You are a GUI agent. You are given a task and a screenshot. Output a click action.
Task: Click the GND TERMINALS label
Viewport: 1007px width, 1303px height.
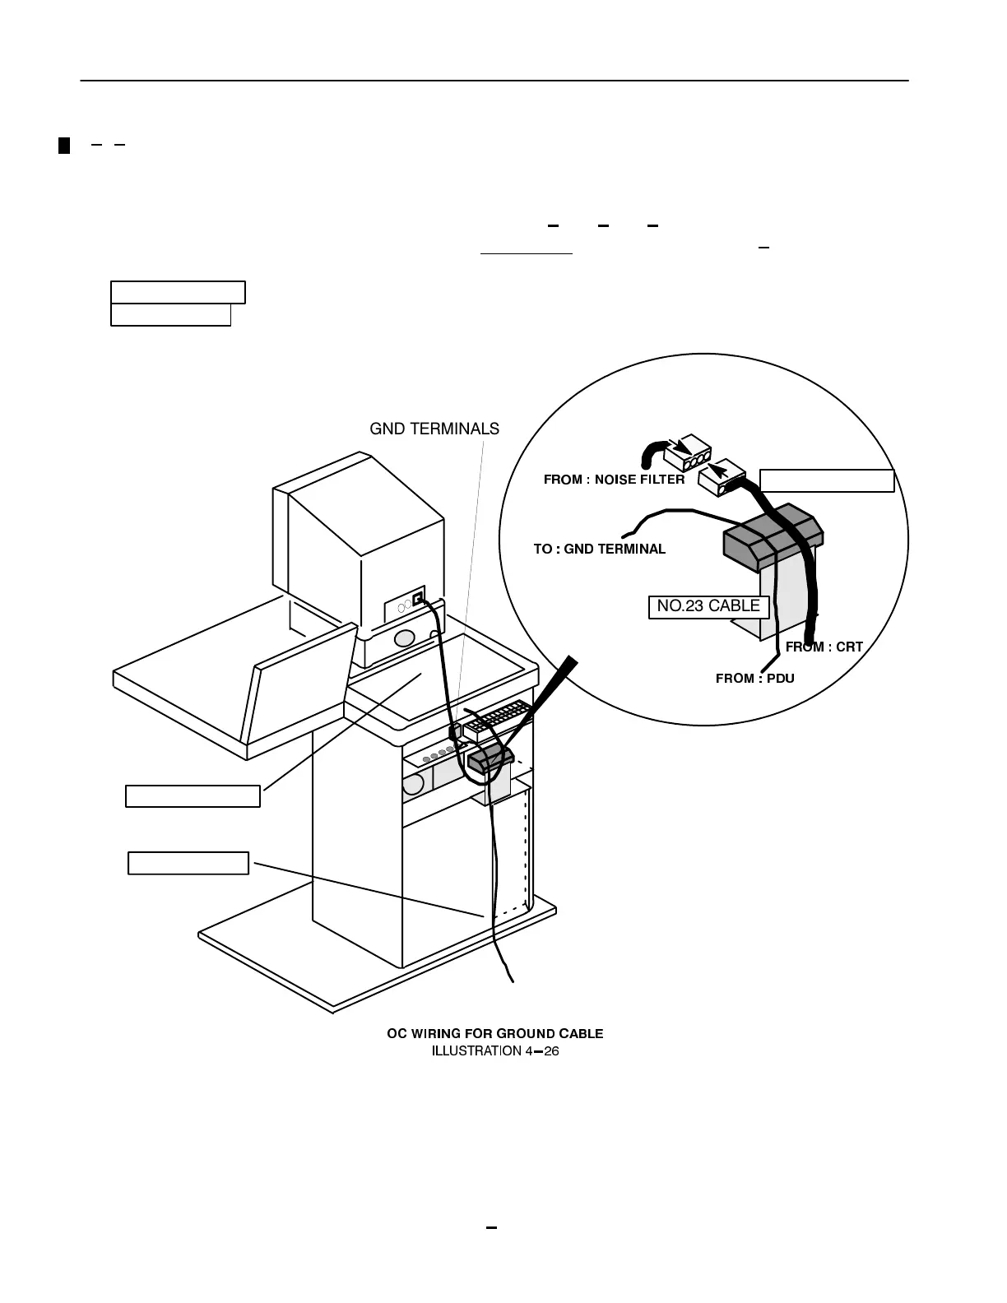point(434,429)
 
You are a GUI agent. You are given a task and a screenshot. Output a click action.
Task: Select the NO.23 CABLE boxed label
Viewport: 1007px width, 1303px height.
point(708,606)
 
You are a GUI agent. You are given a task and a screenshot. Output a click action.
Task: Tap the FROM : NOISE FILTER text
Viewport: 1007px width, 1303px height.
point(614,480)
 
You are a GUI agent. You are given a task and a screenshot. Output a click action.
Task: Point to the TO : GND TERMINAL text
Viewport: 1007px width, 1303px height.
point(599,549)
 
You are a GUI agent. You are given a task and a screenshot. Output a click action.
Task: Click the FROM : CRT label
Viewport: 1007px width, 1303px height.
point(824,647)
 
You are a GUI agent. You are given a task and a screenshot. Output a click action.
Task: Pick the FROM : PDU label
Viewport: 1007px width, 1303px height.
point(754,678)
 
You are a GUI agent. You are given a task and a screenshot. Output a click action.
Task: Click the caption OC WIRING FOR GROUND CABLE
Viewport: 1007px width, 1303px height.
point(494,1033)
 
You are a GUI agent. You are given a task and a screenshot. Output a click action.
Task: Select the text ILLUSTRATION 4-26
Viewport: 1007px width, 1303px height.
point(494,1050)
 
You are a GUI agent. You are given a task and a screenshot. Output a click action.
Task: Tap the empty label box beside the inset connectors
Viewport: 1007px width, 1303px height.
point(826,480)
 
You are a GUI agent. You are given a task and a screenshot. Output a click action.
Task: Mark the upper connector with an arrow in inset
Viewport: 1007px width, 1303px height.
point(688,455)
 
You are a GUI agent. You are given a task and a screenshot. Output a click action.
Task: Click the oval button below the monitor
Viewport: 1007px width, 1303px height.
point(404,638)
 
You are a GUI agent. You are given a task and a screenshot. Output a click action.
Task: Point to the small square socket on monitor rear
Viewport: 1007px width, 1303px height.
point(418,598)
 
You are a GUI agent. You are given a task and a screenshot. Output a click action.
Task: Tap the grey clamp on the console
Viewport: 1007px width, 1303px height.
point(490,758)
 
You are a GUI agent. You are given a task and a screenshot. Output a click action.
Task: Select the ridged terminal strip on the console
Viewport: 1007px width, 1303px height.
point(496,721)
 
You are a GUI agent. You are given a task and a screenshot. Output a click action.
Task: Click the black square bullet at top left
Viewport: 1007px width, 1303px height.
point(64,146)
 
